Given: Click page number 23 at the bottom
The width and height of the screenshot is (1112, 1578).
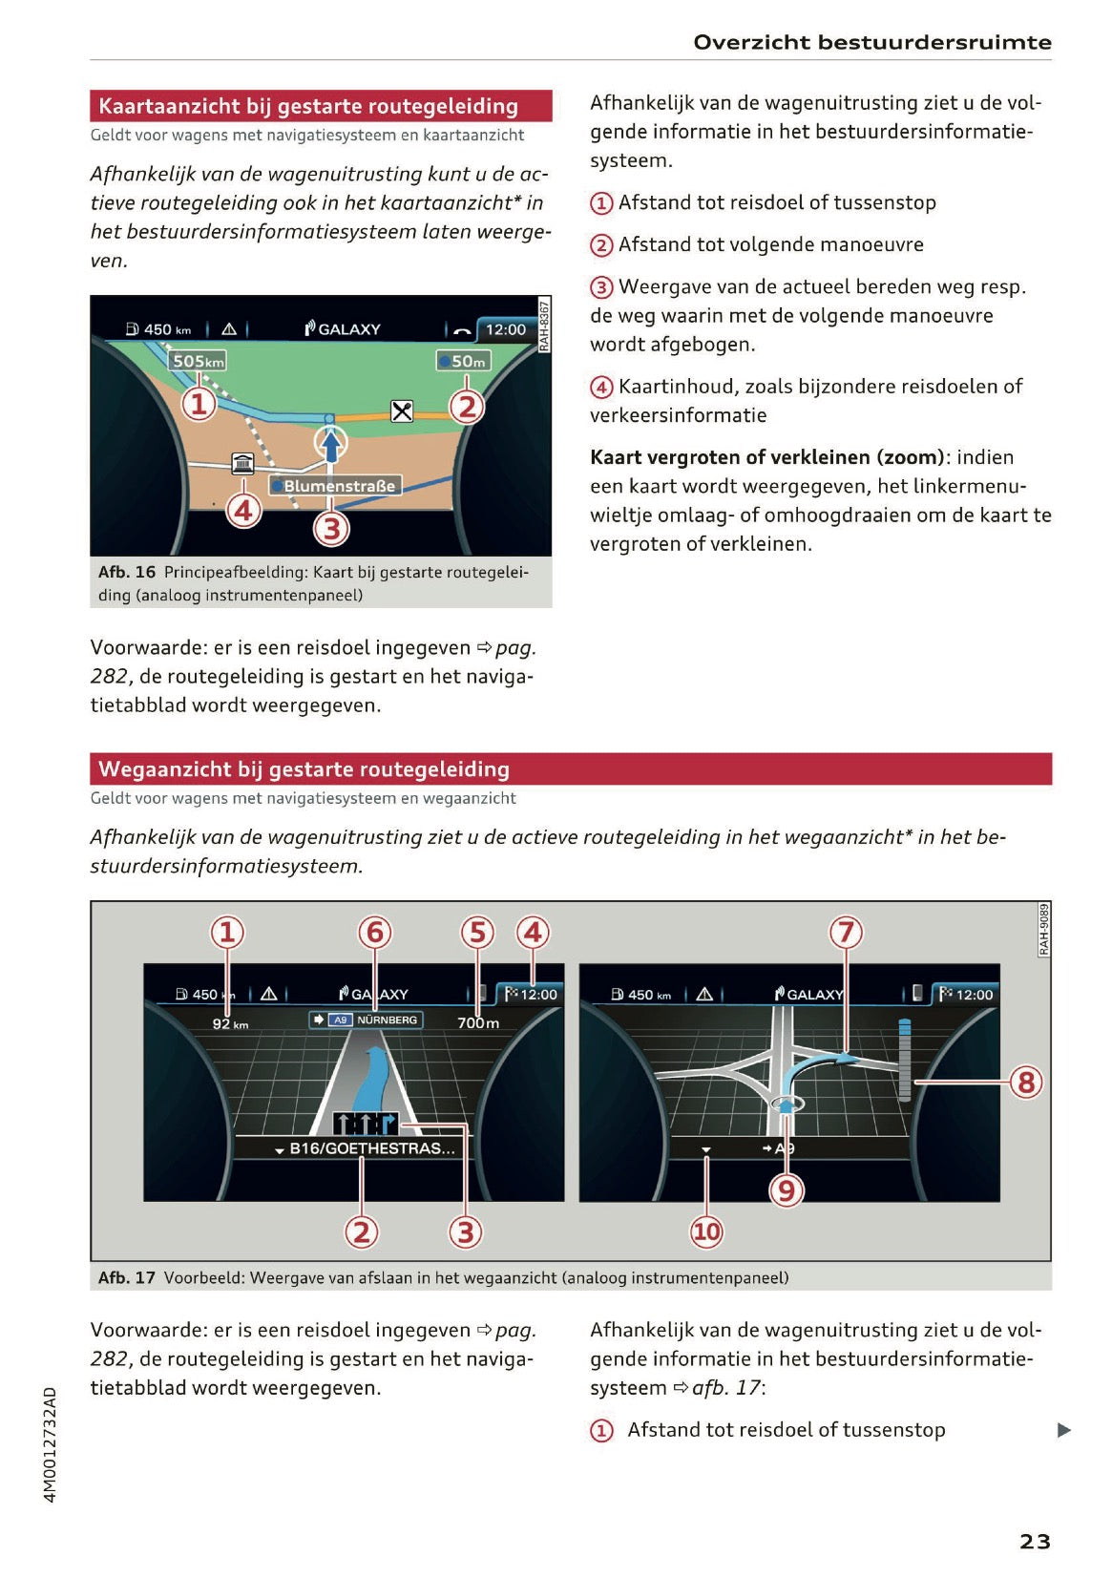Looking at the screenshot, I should click(1035, 1541).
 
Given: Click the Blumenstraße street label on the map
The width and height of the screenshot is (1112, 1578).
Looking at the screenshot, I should click(335, 486).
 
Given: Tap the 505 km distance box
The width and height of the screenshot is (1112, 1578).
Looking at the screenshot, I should click(198, 361).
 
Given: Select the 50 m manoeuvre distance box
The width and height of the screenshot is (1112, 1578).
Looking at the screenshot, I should click(463, 361).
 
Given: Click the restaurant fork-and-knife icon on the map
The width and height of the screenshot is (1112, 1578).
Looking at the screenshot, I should click(402, 411).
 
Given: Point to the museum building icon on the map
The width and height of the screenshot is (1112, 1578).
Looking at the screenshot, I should click(243, 464).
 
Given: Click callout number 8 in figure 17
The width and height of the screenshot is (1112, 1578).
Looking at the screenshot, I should click(1026, 1082).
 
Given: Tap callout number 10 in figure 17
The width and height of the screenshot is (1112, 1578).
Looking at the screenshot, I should click(706, 1231).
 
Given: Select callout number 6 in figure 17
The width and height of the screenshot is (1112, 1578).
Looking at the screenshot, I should click(375, 933).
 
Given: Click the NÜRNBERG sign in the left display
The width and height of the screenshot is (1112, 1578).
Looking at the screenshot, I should click(367, 1020).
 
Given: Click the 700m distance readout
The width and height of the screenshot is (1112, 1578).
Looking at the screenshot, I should click(478, 1023).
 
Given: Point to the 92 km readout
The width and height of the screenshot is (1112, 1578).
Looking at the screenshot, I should click(230, 1024).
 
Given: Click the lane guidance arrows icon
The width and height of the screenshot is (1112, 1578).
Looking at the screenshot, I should click(365, 1124).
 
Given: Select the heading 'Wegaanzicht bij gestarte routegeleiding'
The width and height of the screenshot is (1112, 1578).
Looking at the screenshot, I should click(304, 769).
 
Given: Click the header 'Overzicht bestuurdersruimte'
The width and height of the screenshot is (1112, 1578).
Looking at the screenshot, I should click(871, 42).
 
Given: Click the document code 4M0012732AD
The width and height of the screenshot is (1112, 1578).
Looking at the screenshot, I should click(51, 1444).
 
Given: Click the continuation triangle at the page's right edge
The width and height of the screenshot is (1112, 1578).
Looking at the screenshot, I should click(1063, 1430).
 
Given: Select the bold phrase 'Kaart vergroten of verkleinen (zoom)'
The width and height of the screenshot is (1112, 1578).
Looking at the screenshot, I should click(766, 457).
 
